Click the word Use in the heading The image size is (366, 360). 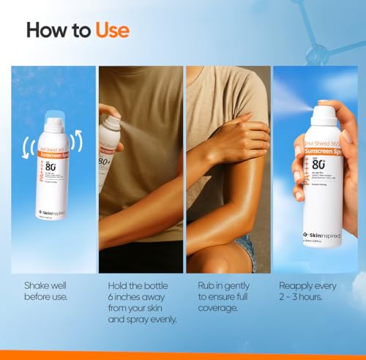[x=111, y=30]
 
